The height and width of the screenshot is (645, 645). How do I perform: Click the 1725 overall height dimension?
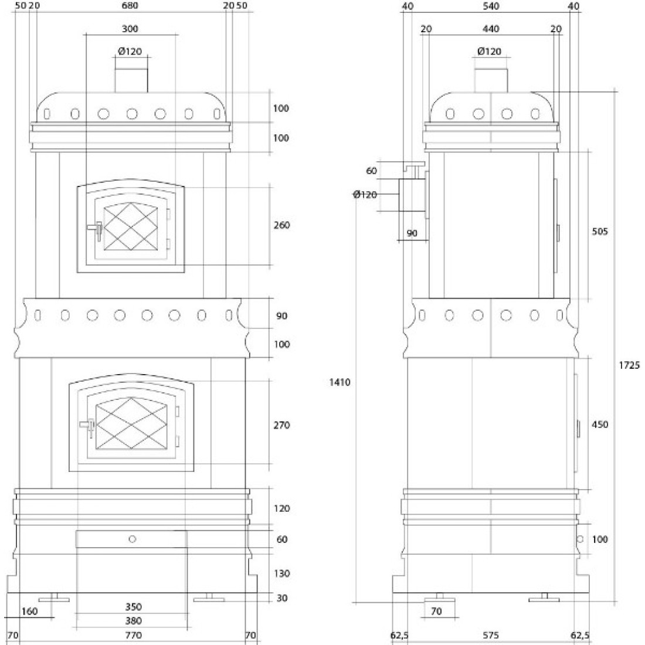(629, 365)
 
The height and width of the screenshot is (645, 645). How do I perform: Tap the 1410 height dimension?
(340, 382)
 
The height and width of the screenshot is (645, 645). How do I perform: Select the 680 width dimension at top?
(130, 6)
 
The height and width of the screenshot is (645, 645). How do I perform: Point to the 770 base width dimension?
(133, 635)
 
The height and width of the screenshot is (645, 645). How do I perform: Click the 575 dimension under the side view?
(490, 636)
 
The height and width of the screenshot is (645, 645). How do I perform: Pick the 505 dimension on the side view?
(600, 232)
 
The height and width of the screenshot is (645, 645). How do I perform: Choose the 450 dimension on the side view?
(600, 424)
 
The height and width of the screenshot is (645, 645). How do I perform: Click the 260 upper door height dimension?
(282, 225)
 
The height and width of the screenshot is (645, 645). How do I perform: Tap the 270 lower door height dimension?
(282, 425)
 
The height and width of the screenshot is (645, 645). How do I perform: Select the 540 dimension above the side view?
(491, 6)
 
